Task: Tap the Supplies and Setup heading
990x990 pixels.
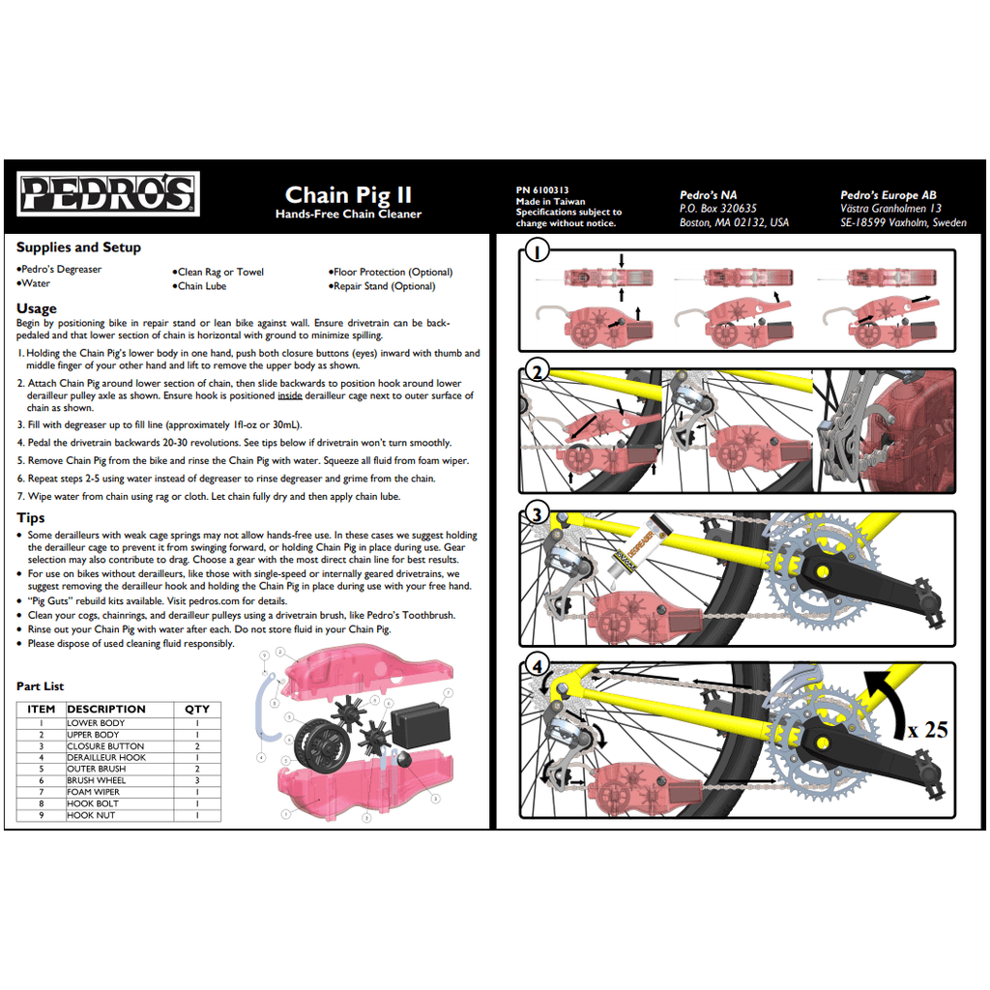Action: [x=78, y=247]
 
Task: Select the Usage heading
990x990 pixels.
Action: [x=37, y=309]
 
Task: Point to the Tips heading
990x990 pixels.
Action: [x=31, y=518]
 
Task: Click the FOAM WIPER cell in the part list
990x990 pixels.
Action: [x=94, y=792]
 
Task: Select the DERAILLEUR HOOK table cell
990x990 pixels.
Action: [x=106, y=757]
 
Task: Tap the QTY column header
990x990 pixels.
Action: [x=197, y=709]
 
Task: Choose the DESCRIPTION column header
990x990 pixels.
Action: [x=106, y=709]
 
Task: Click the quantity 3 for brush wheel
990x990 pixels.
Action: [x=197, y=780]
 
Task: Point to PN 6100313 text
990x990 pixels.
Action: [x=542, y=190]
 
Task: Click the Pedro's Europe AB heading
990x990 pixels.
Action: [x=888, y=195]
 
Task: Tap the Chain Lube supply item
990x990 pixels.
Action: [x=202, y=286]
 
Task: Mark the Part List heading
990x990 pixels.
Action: [x=40, y=686]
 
